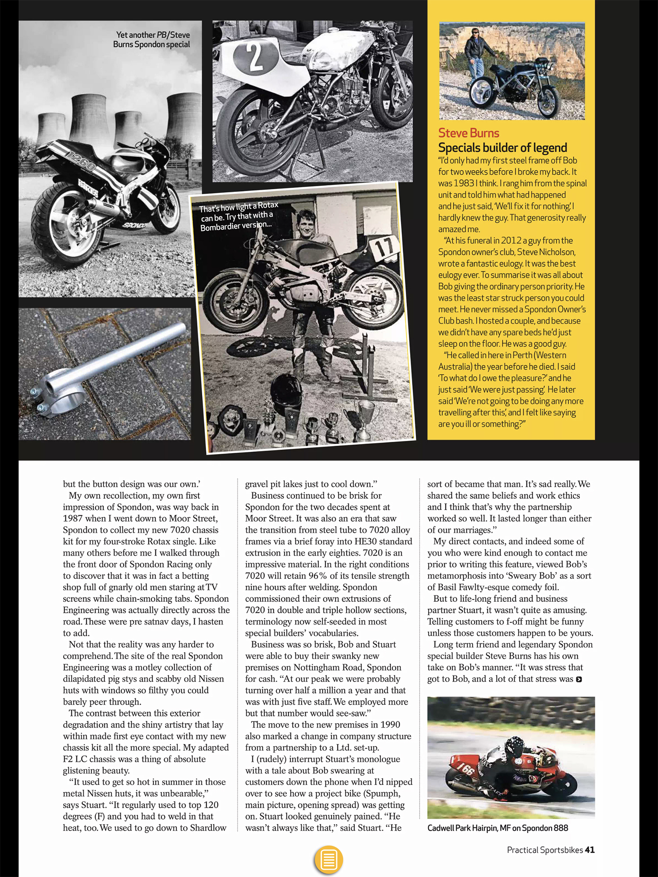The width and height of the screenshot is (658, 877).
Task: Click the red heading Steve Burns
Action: coord(468,133)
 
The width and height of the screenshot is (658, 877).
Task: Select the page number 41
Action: coord(590,850)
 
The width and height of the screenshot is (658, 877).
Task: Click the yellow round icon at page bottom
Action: coord(329,859)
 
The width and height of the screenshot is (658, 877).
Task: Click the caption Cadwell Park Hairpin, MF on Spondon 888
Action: coord(497,828)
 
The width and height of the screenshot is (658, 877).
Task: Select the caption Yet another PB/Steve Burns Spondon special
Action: coord(152,39)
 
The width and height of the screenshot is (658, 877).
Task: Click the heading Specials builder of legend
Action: coord(502,148)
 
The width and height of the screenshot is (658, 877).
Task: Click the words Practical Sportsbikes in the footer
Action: coord(544,850)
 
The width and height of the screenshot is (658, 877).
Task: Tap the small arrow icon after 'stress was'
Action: coord(579,679)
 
